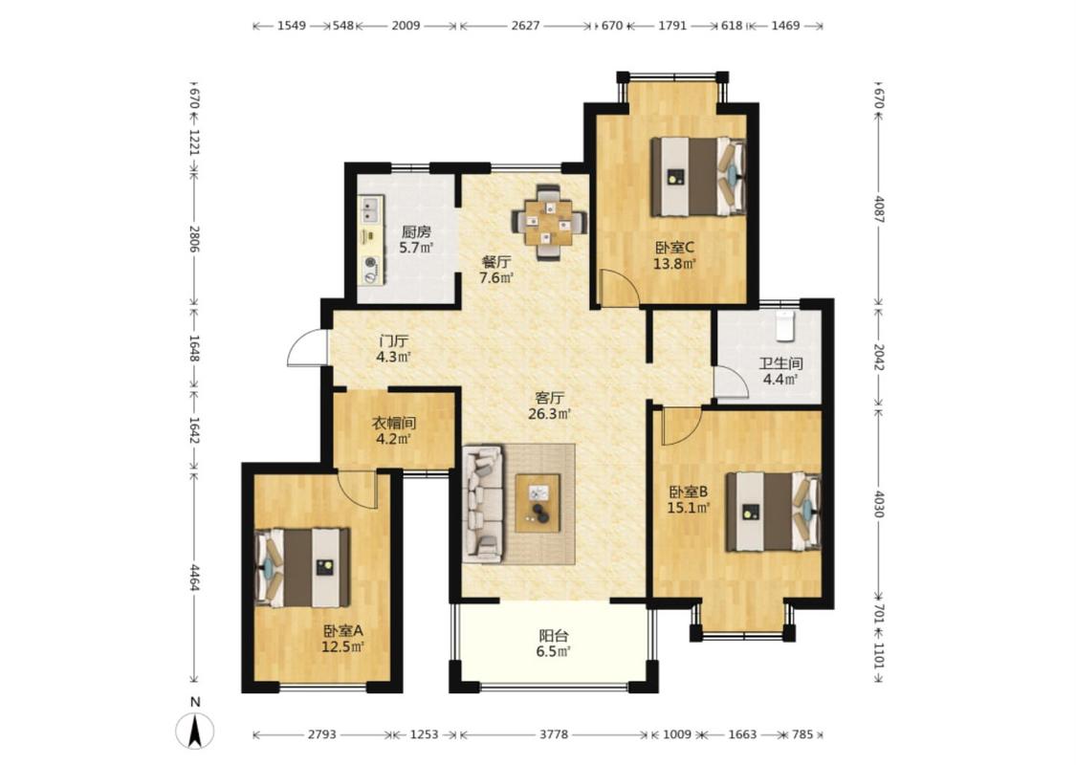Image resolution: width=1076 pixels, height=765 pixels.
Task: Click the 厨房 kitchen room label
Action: [x=417, y=231]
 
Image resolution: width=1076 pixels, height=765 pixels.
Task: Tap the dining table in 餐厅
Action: [x=549, y=222]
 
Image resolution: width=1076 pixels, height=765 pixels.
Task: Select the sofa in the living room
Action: [x=483, y=503]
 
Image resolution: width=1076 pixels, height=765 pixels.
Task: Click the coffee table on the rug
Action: [x=538, y=503]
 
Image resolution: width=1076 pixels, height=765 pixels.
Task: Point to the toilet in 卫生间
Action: [x=786, y=326]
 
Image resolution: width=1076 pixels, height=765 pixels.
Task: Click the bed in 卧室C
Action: [x=698, y=176]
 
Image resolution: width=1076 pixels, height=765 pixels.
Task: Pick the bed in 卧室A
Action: [x=302, y=567]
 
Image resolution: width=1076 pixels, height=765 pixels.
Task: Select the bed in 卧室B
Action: [x=774, y=512]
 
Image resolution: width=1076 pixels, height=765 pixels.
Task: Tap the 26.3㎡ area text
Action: [x=550, y=414]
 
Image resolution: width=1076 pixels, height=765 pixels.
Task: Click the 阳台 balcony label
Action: [x=553, y=636]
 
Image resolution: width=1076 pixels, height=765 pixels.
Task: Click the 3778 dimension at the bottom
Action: [x=554, y=734]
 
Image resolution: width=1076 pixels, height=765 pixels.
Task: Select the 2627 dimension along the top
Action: [x=526, y=26]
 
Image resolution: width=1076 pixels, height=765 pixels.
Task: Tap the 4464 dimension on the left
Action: [x=194, y=578]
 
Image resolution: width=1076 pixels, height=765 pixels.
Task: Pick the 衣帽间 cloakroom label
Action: [x=394, y=424]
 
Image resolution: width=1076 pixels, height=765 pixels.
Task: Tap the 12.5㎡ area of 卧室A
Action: [x=343, y=646]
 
